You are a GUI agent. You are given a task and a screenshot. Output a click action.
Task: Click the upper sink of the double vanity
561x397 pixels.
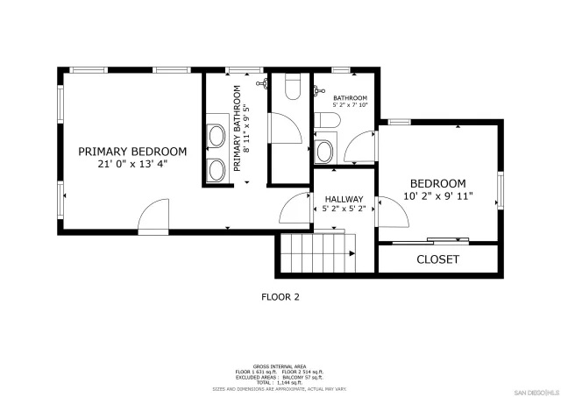(x=215, y=136)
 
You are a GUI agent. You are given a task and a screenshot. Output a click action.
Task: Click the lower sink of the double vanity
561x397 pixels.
(x=215, y=167)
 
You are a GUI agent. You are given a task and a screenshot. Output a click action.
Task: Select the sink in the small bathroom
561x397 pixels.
(x=324, y=151)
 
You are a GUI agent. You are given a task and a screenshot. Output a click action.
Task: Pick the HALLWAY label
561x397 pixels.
(x=344, y=199)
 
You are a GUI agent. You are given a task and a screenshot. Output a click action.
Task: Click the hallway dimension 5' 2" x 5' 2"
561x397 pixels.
(x=344, y=209)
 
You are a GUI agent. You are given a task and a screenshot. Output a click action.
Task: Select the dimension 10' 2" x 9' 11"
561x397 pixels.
(x=438, y=195)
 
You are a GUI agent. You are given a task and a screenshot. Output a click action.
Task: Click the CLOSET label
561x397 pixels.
(x=437, y=259)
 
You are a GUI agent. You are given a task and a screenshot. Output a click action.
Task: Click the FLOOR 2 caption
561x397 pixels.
(x=280, y=297)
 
